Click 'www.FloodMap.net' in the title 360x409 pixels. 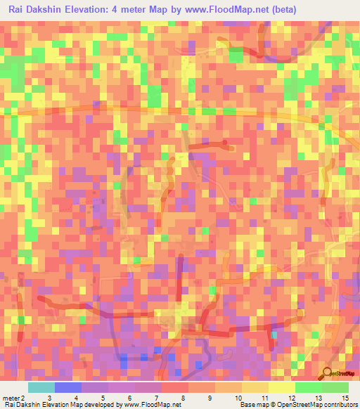[220, 10]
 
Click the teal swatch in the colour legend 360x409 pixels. [41, 387]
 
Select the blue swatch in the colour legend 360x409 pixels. [67, 387]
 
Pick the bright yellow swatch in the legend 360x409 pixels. [281, 387]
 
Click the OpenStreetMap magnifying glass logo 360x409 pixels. [327, 373]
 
